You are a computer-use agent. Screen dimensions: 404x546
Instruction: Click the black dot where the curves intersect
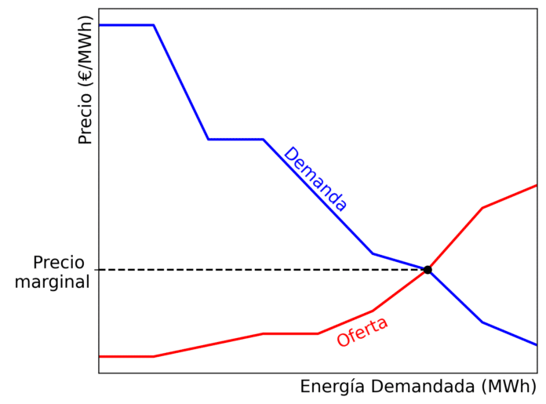click(x=428, y=270)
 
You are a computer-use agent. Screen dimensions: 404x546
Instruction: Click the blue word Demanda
click(x=315, y=180)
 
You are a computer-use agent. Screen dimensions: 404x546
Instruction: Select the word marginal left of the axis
click(x=52, y=282)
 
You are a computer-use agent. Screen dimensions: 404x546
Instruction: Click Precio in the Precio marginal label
click(x=59, y=263)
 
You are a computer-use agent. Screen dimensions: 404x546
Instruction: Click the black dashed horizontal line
click(x=259, y=270)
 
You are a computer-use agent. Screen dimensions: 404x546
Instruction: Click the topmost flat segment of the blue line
click(x=126, y=25)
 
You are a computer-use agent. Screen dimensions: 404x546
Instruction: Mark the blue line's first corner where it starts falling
click(x=153, y=25)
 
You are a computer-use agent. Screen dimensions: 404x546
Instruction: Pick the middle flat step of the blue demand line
click(x=235, y=139)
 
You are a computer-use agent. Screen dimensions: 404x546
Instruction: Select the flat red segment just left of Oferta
click(x=290, y=333)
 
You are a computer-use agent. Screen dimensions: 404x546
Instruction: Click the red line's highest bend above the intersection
click(x=482, y=208)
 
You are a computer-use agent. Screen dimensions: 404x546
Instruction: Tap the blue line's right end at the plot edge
click(x=536, y=344)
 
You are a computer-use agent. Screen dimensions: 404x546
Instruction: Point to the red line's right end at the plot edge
click(x=536, y=185)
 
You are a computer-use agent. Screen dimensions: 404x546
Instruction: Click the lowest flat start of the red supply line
click(x=126, y=356)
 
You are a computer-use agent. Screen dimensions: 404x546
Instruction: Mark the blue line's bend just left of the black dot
click(x=373, y=253)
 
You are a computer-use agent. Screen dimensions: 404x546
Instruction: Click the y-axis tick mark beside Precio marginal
click(x=96, y=270)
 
